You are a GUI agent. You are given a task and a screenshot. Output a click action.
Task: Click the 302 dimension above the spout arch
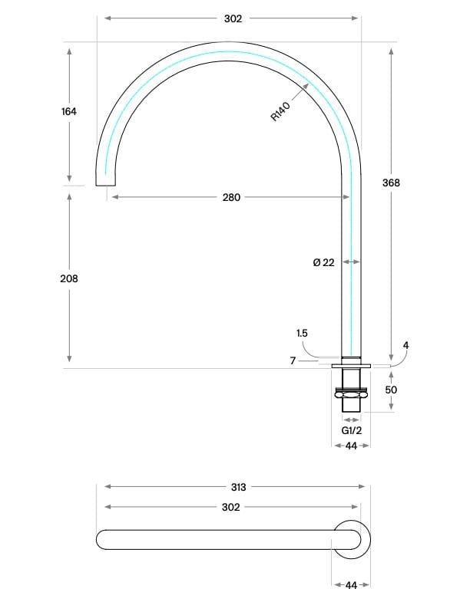pyautogui.click(x=233, y=18)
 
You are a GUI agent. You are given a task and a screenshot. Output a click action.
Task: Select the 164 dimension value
pyautogui.click(x=69, y=112)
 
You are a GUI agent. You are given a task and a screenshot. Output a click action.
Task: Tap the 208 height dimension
pyautogui.click(x=69, y=278)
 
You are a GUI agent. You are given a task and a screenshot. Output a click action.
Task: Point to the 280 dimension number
pyautogui.click(x=231, y=197)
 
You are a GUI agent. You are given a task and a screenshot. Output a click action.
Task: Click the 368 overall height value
pyautogui.click(x=391, y=183)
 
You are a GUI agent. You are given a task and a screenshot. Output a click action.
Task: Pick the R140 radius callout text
pyautogui.click(x=280, y=112)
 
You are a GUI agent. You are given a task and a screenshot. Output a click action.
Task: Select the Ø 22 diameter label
pyautogui.click(x=323, y=262)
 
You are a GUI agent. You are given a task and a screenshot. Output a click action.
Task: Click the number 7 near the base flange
pyautogui.click(x=293, y=360)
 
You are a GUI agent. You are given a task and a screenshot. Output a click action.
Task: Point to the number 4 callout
pyautogui.click(x=406, y=345)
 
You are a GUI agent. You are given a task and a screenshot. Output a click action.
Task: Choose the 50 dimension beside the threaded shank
pyautogui.click(x=391, y=390)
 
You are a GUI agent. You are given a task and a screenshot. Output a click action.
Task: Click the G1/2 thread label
pyautogui.click(x=351, y=431)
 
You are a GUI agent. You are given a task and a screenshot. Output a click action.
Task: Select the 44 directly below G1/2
pyautogui.click(x=351, y=446)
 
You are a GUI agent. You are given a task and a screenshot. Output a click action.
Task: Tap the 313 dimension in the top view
pyautogui.click(x=237, y=487)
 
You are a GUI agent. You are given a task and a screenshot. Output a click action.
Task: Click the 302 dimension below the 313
pyautogui.click(x=231, y=507)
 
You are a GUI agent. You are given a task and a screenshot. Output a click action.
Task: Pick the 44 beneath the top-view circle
pyautogui.click(x=351, y=585)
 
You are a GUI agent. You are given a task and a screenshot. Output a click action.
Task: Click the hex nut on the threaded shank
pyautogui.click(x=351, y=394)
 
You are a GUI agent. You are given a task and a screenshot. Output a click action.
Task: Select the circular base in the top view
pyautogui.click(x=351, y=539)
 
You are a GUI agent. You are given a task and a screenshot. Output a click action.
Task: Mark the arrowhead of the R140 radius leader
pyautogui.click(x=307, y=85)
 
